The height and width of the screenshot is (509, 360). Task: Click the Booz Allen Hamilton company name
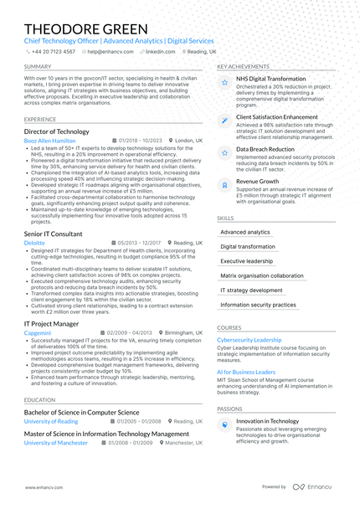49,141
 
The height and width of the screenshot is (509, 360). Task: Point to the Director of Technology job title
56,131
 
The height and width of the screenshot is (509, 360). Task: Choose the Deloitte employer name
34,243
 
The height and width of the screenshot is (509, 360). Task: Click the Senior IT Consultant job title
54,234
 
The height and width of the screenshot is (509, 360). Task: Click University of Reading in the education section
51,421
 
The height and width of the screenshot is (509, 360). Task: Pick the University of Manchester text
56,442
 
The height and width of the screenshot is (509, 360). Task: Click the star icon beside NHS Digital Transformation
224,82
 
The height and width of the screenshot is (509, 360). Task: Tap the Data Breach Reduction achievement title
265,149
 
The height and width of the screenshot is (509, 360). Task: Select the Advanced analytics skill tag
245,232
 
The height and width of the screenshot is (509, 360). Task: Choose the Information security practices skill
258,305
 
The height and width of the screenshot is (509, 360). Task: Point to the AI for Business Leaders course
246,372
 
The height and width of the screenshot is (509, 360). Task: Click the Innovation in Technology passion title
267,421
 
